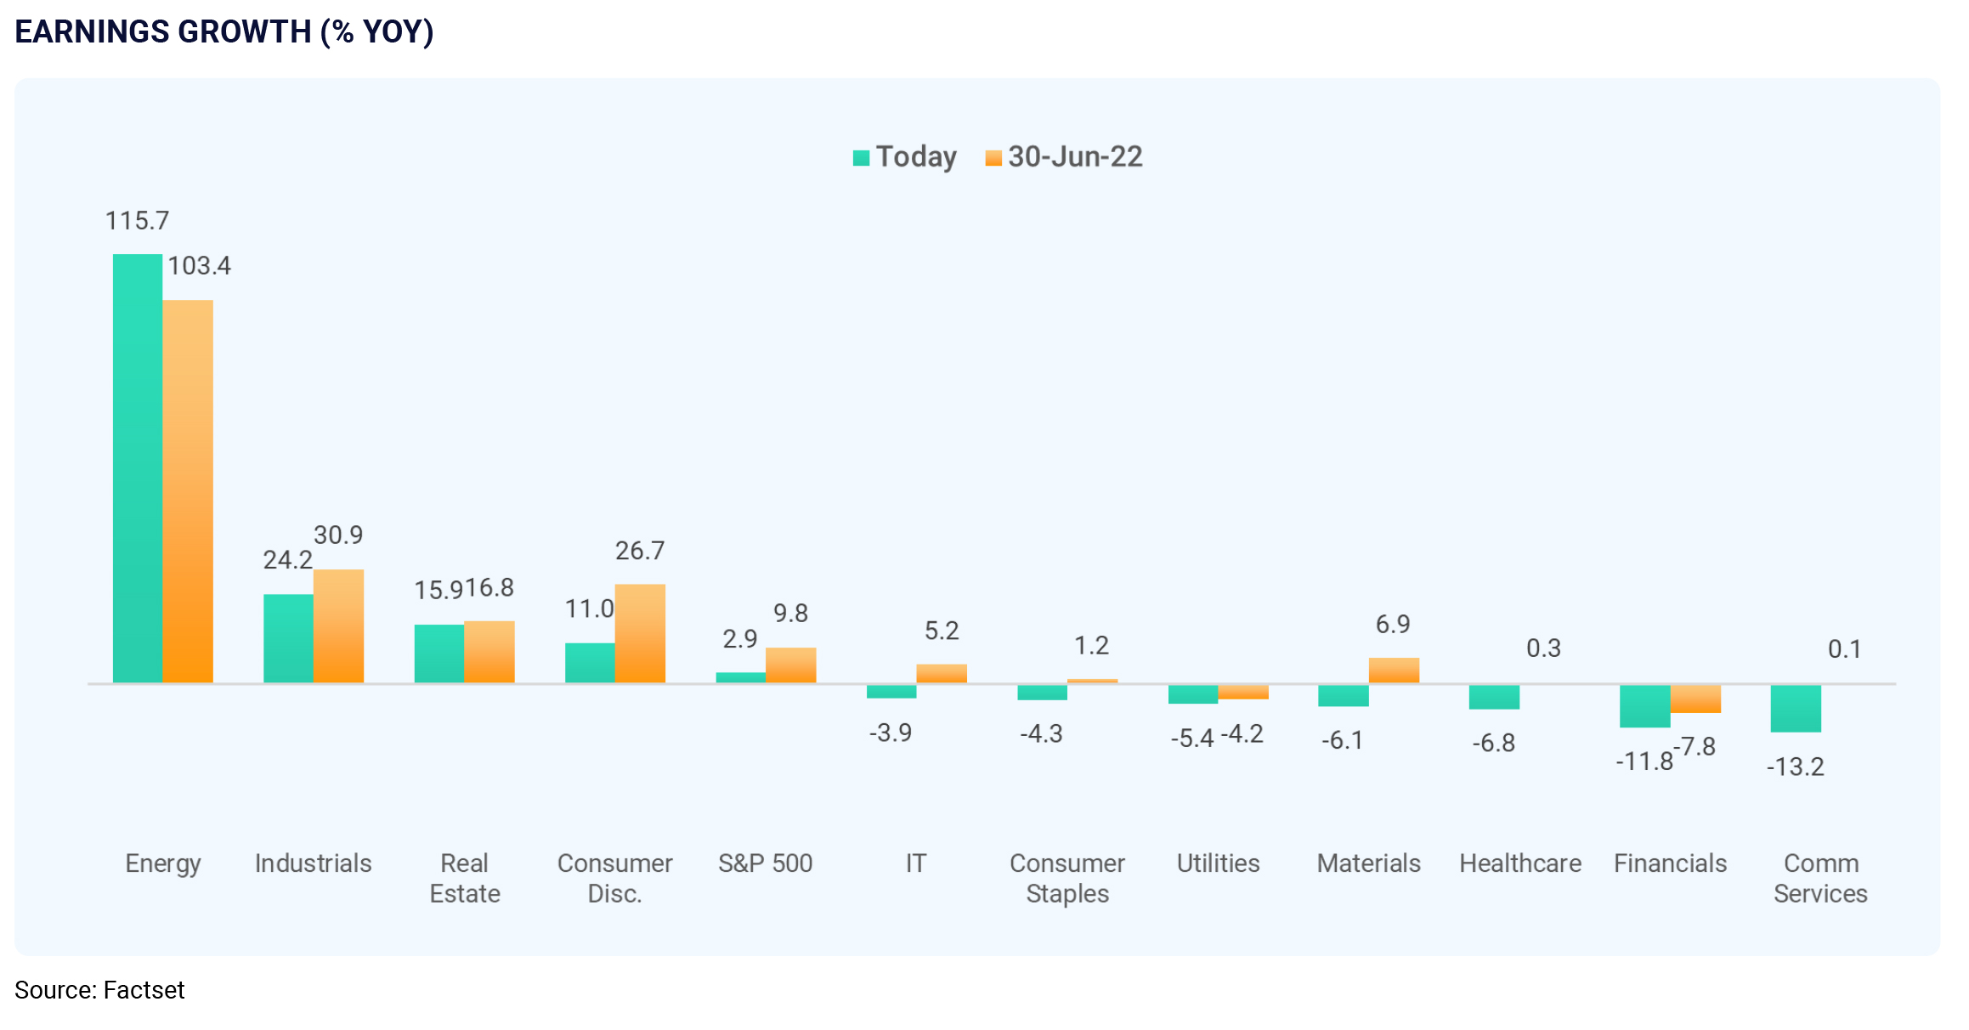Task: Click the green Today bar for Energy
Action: [x=138, y=467]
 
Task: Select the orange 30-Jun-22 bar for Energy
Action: [x=188, y=491]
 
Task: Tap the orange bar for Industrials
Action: [x=338, y=625]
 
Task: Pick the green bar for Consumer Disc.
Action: [x=590, y=663]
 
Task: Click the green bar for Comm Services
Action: [x=1796, y=708]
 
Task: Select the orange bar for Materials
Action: [x=1394, y=670]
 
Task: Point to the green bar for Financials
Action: [x=1644, y=705]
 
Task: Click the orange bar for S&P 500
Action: [x=790, y=665]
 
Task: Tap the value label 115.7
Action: [x=137, y=221]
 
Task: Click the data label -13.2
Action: [x=1795, y=767]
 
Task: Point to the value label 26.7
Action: [x=640, y=551]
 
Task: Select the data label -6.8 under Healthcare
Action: [x=1493, y=743]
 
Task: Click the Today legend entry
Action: [x=905, y=157]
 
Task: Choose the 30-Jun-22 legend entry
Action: [x=1064, y=157]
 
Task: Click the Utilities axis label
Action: [x=1218, y=863]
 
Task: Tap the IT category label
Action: [x=915, y=863]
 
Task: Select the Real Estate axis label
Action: [x=465, y=878]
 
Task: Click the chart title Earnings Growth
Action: [x=224, y=31]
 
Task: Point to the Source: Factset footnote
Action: [x=99, y=990]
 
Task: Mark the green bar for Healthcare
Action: [x=1494, y=696]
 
